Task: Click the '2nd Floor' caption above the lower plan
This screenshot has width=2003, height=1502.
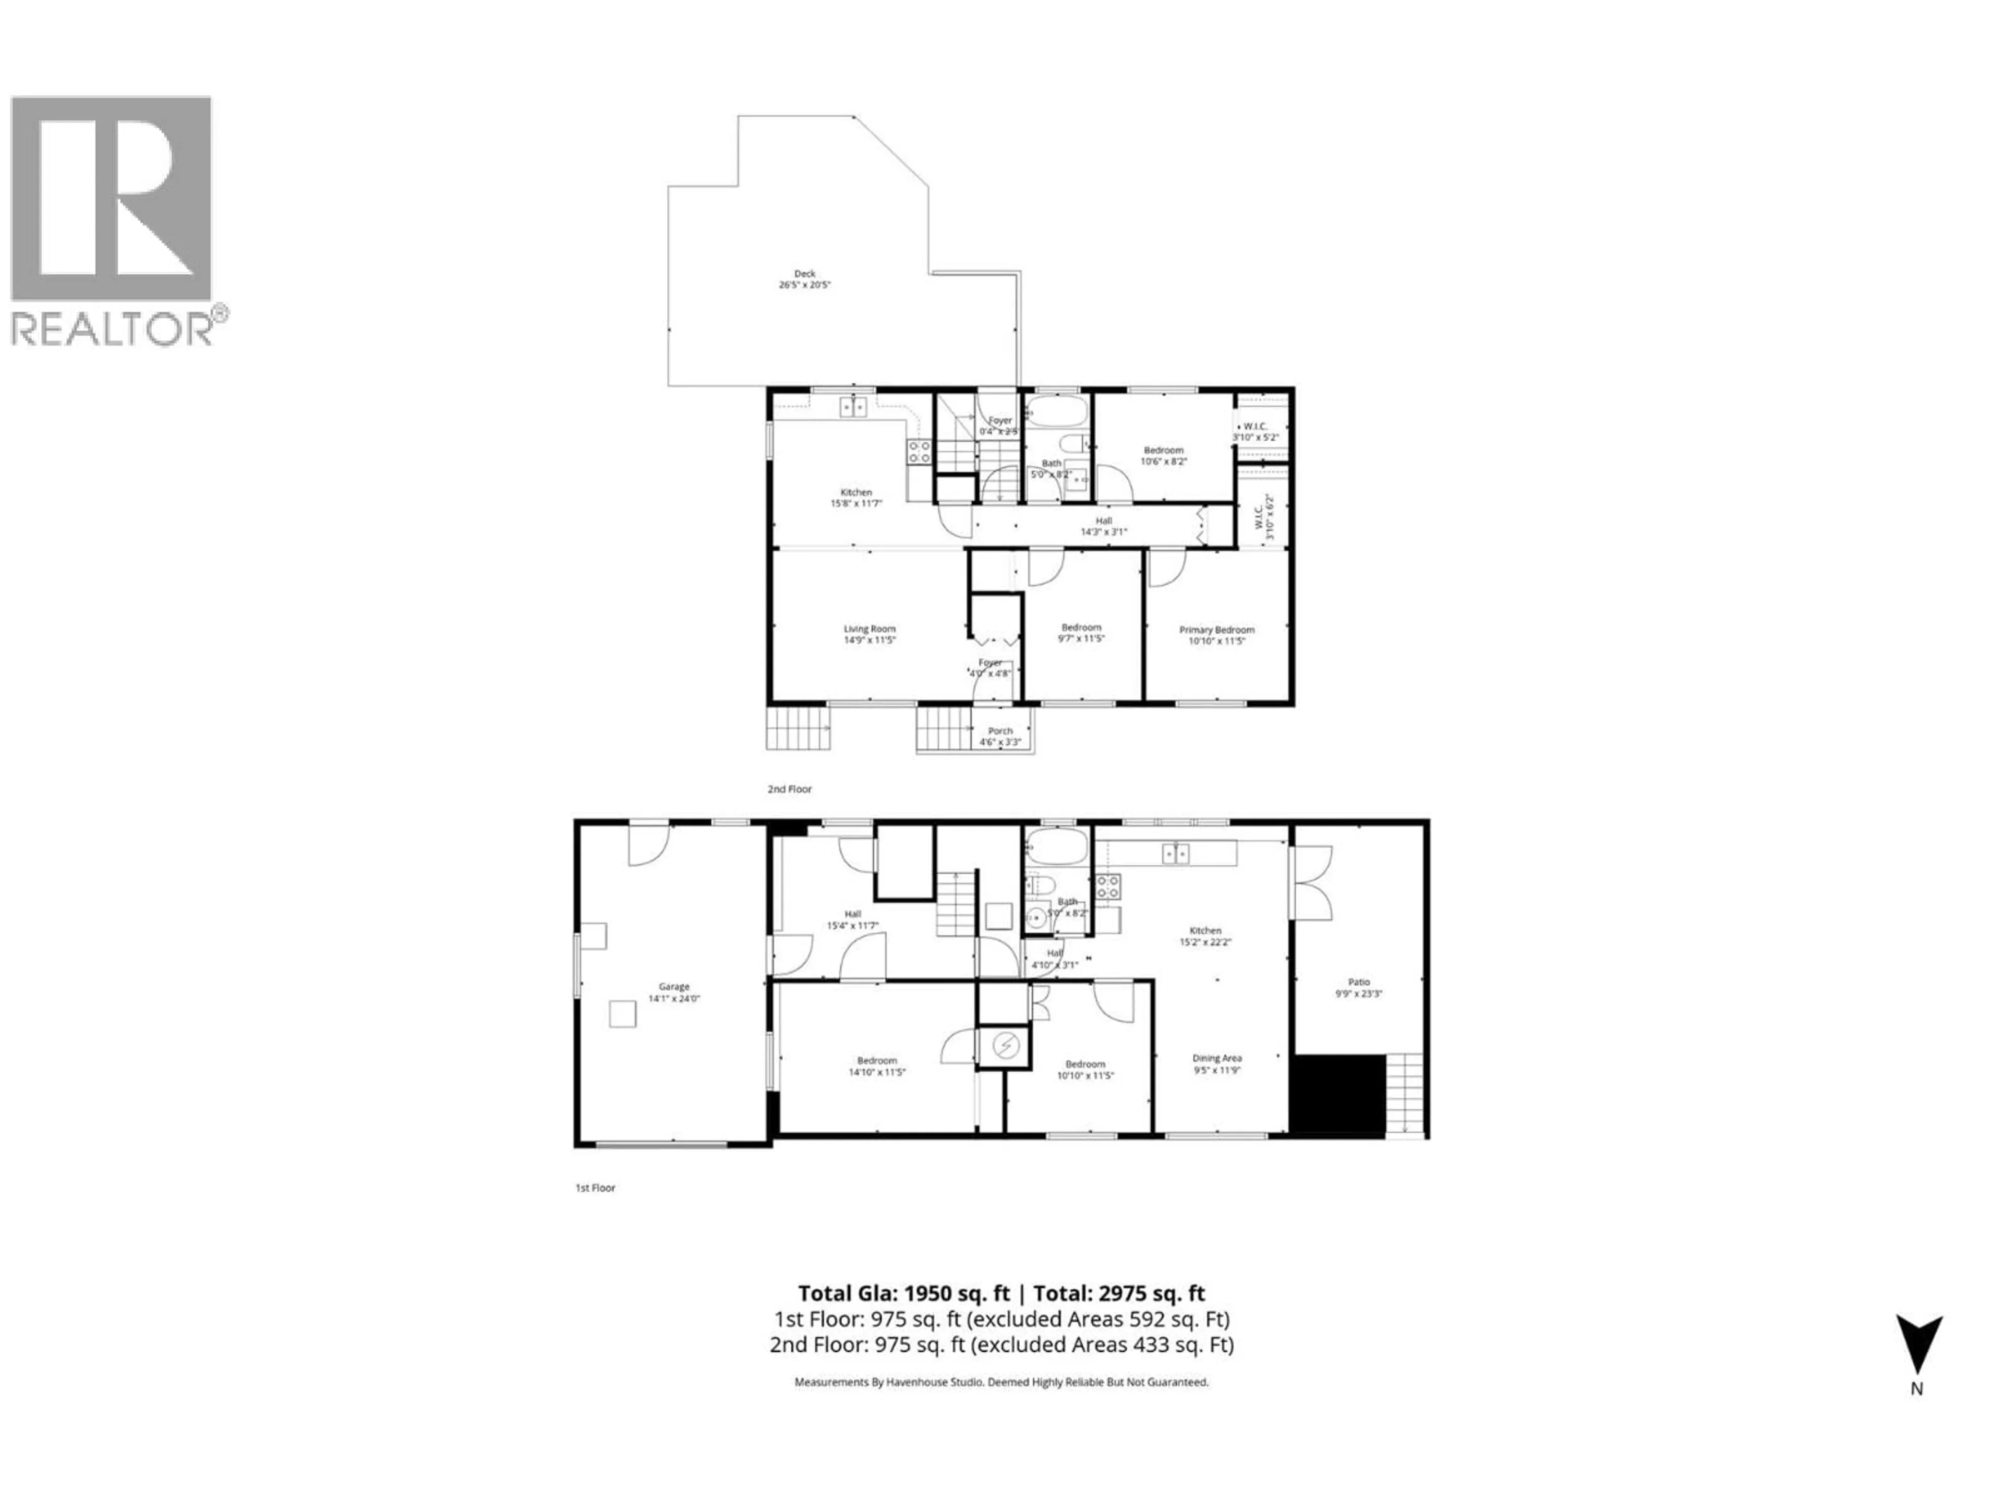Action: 790,789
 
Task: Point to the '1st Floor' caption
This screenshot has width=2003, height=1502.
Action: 595,1188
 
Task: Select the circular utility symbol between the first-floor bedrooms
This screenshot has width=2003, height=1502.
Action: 1004,1047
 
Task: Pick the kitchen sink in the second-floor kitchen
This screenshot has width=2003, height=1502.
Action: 853,407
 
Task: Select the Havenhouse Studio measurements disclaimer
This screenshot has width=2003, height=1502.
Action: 1000,1383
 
